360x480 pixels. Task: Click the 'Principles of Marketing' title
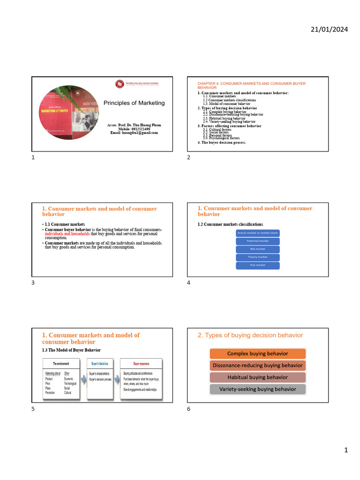(134, 103)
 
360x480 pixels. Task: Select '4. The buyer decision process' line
(221, 142)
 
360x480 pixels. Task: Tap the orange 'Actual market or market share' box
(257, 233)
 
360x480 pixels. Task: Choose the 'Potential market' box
(257, 241)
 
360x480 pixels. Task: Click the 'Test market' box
(257, 265)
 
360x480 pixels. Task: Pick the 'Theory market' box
(257, 257)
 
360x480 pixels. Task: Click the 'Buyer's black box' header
(99, 363)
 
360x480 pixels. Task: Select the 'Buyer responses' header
(142, 363)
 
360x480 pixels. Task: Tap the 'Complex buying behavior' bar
(257, 353)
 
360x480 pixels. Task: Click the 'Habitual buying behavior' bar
(257, 377)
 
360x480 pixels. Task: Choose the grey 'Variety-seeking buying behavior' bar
(257, 389)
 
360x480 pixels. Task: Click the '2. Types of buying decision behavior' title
(250, 335)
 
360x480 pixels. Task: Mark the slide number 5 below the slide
(33, 409)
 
